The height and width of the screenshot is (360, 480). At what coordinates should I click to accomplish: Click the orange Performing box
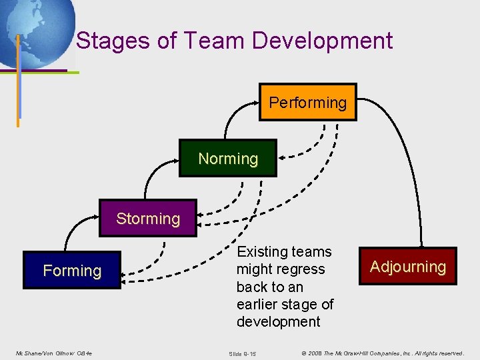pos(307,102)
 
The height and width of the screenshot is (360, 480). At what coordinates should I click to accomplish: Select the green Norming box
pos(228,158)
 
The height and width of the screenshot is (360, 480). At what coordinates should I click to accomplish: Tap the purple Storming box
pos(148,218)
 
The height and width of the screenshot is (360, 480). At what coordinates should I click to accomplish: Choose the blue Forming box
pos(72,270)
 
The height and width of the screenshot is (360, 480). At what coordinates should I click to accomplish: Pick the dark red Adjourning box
pos(408,267)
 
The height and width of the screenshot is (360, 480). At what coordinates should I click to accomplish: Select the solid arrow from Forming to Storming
pos(69,231)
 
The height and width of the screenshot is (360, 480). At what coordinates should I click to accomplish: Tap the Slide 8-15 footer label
pos(242,353)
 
